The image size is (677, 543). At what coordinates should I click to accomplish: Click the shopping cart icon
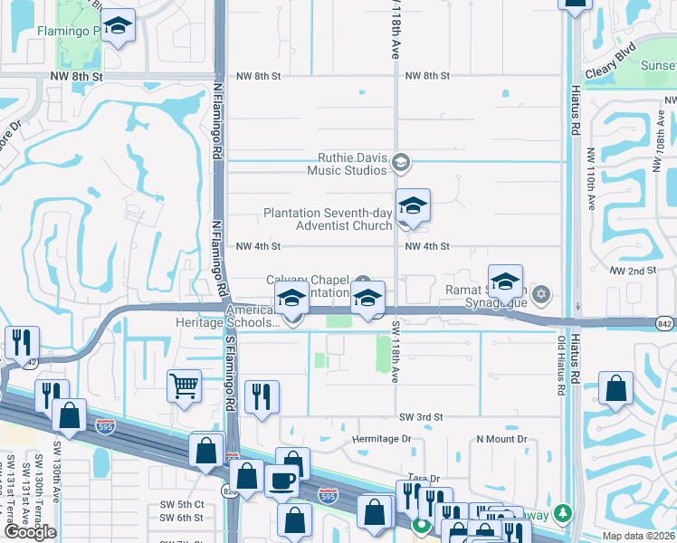(184, 386)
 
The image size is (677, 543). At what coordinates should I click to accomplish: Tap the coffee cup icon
(282, 481)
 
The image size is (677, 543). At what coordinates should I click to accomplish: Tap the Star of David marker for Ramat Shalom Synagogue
(541, 292)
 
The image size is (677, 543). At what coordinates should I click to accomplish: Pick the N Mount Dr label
(501, 439)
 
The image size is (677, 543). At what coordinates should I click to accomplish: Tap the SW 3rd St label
(421, 416)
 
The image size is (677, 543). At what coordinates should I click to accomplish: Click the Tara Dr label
(422, 478)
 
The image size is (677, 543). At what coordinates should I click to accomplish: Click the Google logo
(30, 532)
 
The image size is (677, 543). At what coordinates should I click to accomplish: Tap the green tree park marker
(564, 513)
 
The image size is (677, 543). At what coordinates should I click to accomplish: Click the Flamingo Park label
(66, 31)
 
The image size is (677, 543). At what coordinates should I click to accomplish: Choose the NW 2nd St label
(632, 271)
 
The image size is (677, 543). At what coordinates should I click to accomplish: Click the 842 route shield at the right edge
(665, 323)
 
